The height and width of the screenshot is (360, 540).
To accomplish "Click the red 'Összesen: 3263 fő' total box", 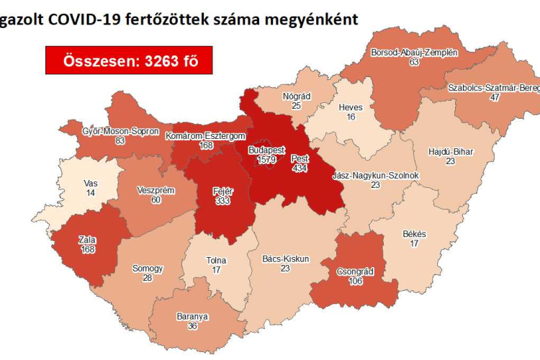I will pos(130,61).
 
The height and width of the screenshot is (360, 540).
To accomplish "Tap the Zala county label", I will pos(88,240).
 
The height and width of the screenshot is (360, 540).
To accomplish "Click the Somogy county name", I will pos(148,269).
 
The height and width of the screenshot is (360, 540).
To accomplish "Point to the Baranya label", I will pos(192,315).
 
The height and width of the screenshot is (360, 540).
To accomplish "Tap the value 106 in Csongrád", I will pos(354,282).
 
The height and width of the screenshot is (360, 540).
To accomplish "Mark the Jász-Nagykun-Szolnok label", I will pos(375,175).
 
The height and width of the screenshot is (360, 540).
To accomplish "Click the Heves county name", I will pos(351,107).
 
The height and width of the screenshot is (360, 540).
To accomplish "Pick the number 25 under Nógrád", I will pos(296,106).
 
